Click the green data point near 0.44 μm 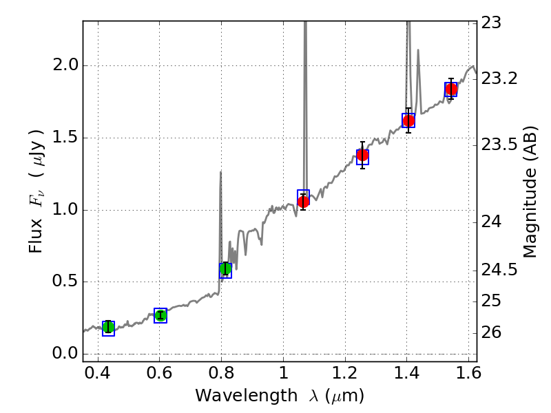[x=108, y=326]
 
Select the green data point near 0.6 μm [x=160, y=315]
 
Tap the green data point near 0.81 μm [x=225, y=268]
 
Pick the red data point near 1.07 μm [x=303, y=202]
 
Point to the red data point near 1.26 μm [x=362, y=156]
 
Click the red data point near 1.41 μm [x=408, y=120]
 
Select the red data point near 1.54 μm [x=451, y=89]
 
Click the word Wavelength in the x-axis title [x=234, y=396]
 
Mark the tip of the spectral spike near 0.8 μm [x=220, y=172]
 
